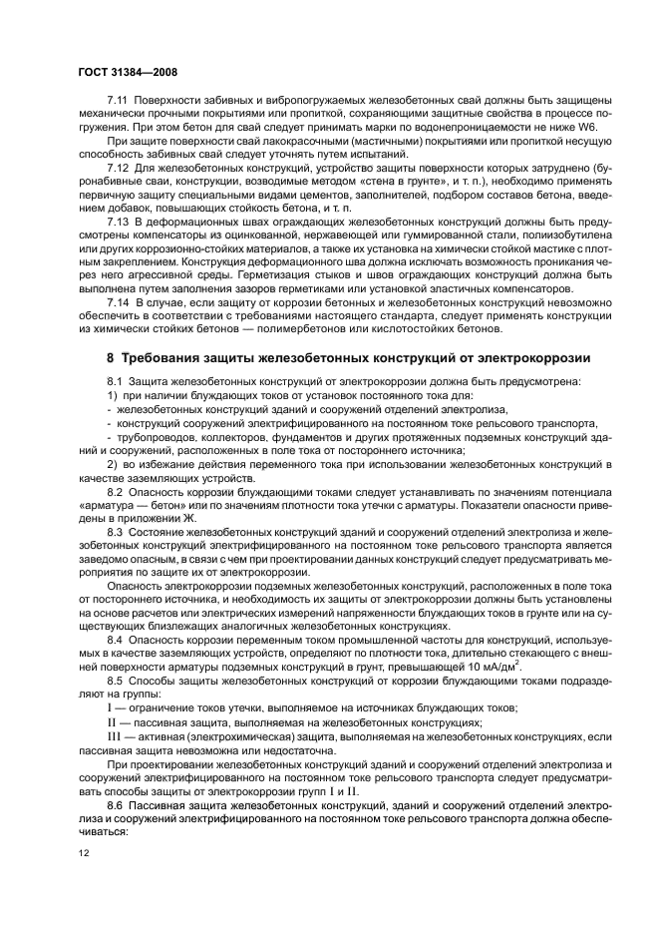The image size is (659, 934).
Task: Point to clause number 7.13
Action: [x=118, y=220]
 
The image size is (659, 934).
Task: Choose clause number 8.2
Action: [x=115, y=493]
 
